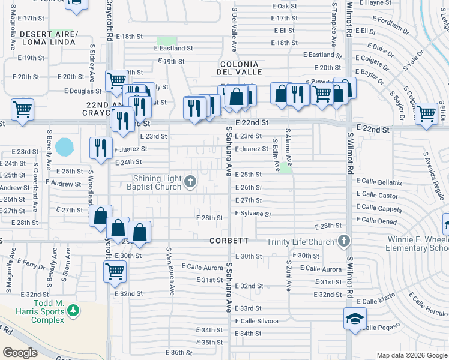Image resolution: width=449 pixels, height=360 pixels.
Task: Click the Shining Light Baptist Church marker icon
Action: pyautogui.click(x=190, y=182)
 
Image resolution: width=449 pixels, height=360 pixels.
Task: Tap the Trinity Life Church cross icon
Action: pyautogui.click(x=343, y=242)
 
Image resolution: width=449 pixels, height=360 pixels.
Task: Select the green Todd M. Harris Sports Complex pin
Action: pyautogui.click(x=73, y=311)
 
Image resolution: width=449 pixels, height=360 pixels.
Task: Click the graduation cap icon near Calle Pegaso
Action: pyautogui.click(x=354, y=318)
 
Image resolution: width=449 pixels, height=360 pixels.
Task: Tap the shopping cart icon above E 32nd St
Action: pyautogui.click(x=115, y=271)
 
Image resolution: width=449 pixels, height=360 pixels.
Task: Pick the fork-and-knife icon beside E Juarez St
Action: pyautogui.click(x=100, y=147)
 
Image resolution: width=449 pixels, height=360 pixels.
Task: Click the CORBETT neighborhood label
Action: pyautogui.click(x=229, y=241)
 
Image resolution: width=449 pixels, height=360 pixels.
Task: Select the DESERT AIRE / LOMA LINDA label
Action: pyautogui.click(x=49, y=38)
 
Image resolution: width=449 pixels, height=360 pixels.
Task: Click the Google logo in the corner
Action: pyautogui.click(x=20, y=353)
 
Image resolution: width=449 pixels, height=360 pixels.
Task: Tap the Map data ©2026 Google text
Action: pyautogui.click(x=411, y=355)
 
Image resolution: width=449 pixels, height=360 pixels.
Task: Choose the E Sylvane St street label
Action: pyautogui.click(x=253, y=214)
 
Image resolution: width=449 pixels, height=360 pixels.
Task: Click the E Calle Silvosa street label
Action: pyautogui.click(x=256, y=321)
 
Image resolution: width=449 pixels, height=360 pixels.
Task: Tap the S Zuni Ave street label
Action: pyautogui.click(x=288, y=275)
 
